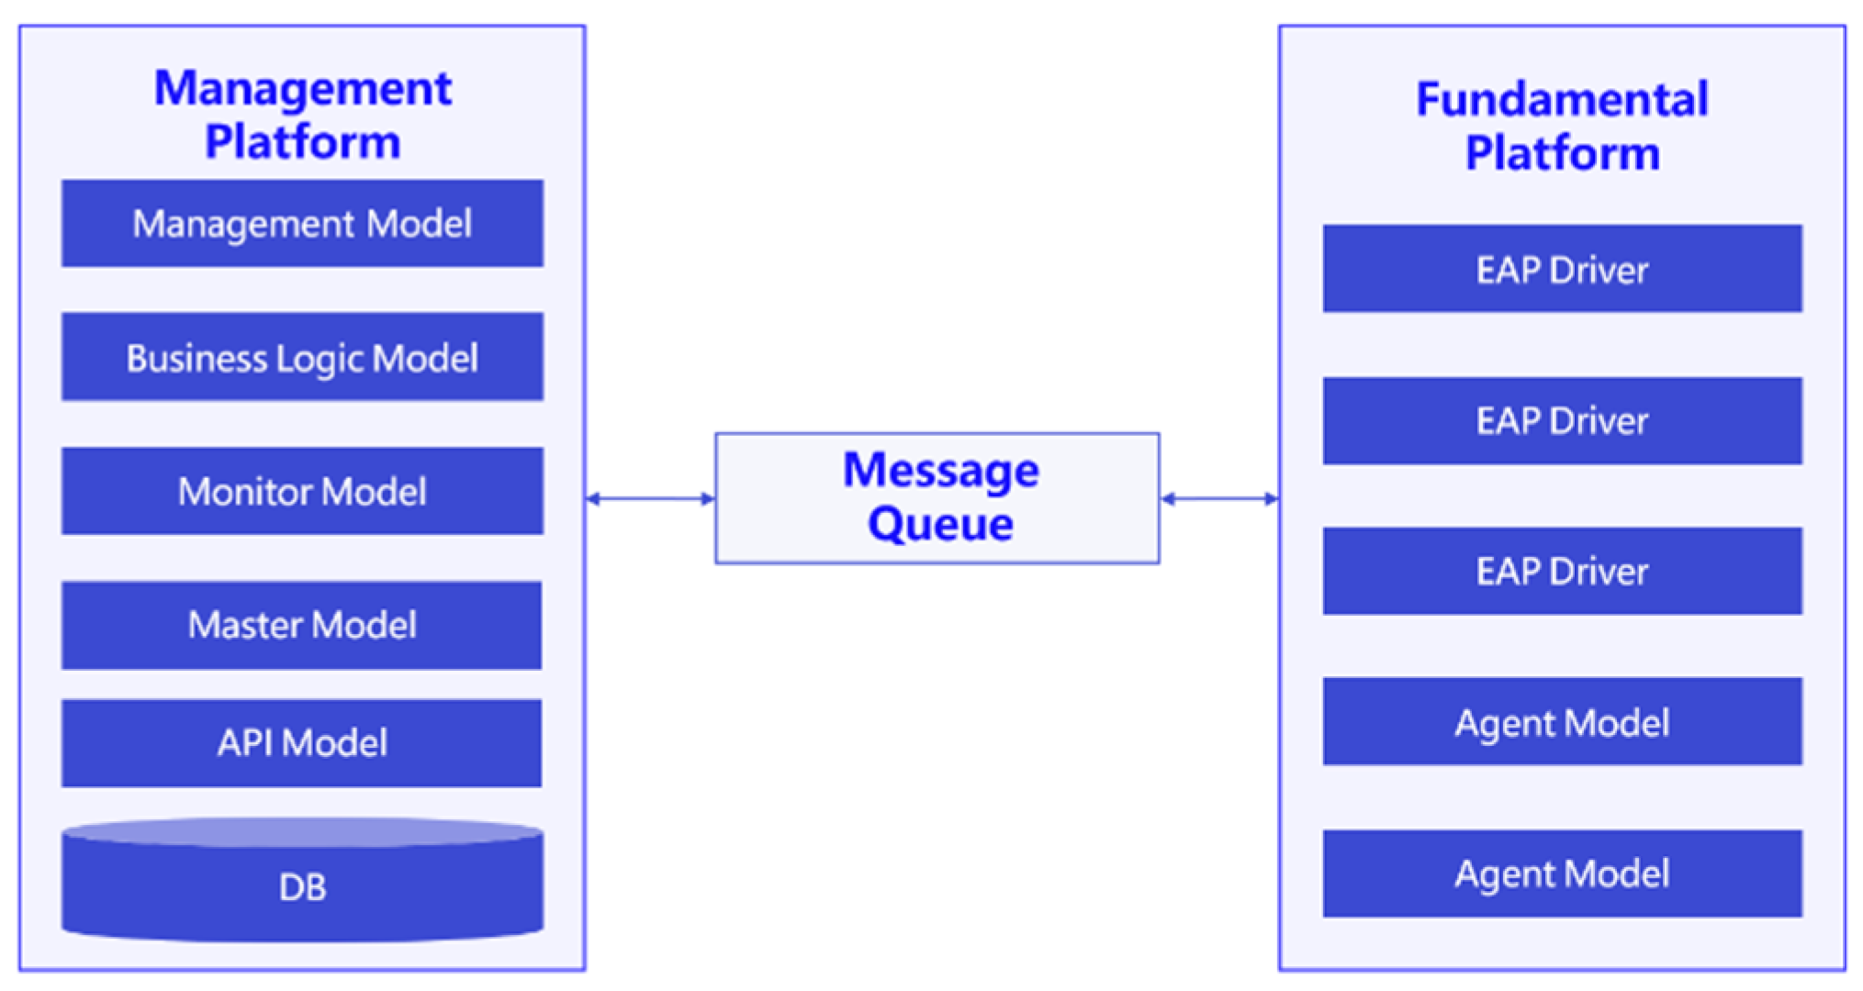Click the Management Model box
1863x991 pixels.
tap(302, 224)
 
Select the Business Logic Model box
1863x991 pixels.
tap(302, 357)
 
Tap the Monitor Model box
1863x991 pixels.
tap(302, 491)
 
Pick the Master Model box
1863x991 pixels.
tap(302, 625)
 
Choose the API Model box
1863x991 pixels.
tap(302, 742)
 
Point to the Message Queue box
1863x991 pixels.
tap(937, 498)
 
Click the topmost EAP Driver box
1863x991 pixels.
tap(1562, 269)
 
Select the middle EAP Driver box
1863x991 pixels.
tap(1562, 420)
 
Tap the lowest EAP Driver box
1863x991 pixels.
tap(1562, 571)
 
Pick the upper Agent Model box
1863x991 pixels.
tap(1562, 722)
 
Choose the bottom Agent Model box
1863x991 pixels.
tap(1562, 873)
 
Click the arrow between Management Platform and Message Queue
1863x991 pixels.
tap(650, 498)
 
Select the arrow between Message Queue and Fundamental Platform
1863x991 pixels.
tap(1219, 498)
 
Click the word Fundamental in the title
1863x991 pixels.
tap(1562, 99)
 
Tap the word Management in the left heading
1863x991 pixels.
tap(302, 89)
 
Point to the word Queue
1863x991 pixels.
tap(940, 524)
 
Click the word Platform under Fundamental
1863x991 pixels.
tap(1562, 152)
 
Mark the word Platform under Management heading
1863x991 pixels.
tap(302, 142)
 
